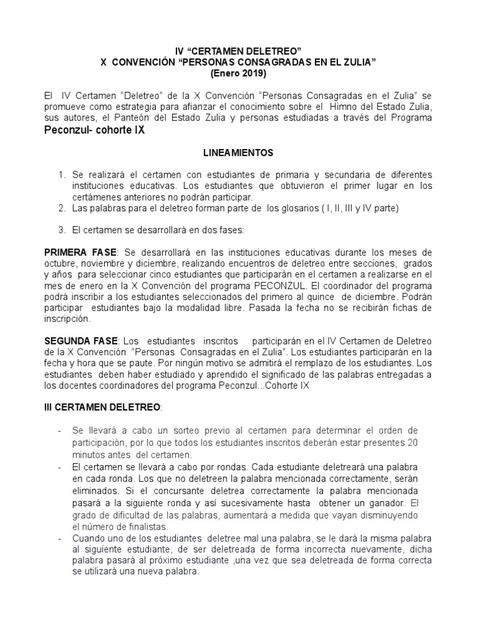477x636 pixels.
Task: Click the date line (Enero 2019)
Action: pyautogui.click(x=238, y=73)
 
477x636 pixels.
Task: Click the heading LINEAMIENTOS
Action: pyautogui.click(x=238, y=152)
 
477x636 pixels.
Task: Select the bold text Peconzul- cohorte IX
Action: pyautogui.click(x=94, y=132)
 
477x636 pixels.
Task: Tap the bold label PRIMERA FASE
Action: pyautogui.click(x=80, y=253)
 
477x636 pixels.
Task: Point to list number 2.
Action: pyautogui.click(x=62, y=208)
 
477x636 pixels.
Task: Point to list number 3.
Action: pyautogui.click(x=62, y=230)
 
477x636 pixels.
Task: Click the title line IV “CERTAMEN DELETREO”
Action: pyautogui.click(x=238, y=50)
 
